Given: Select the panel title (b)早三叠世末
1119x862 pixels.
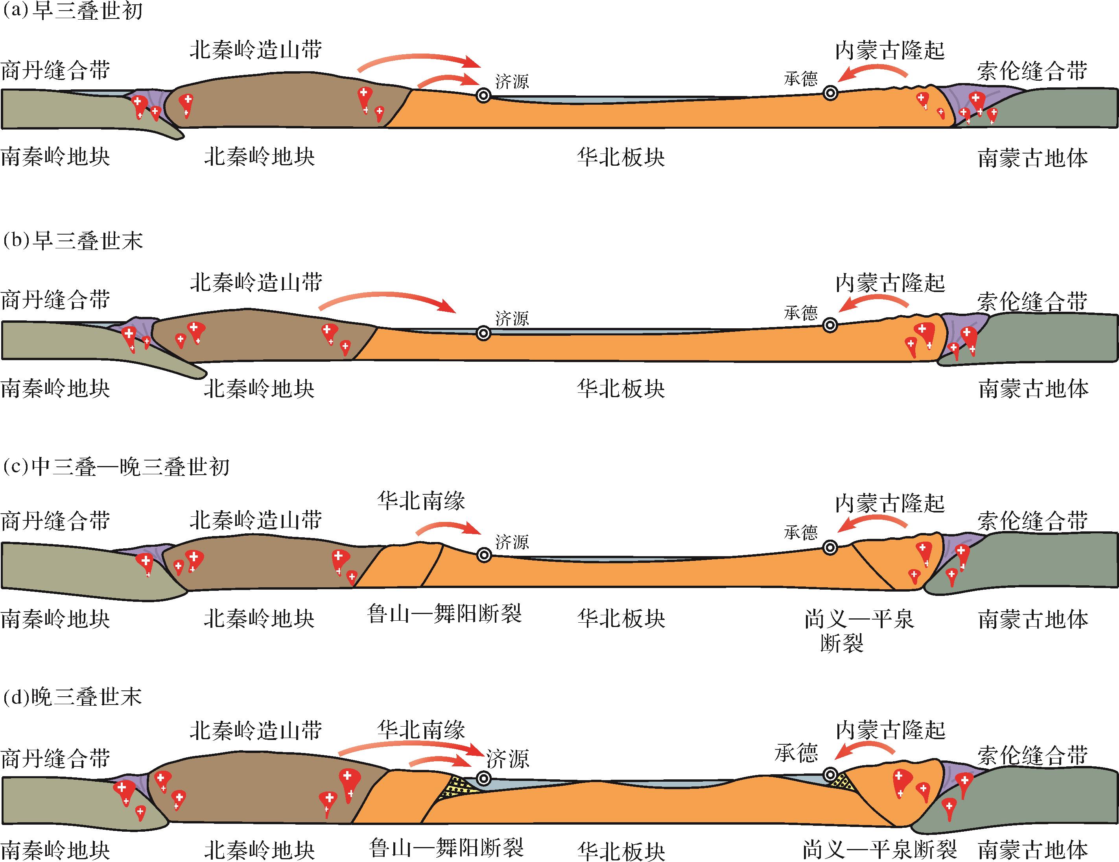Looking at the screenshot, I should (x=72, y=241).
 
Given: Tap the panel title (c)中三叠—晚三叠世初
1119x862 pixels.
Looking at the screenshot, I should (x=116, y=467).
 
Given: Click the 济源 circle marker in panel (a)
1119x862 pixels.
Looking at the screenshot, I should (x=483, y=95).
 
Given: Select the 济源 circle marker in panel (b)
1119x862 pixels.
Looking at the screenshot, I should (x=483, y=333).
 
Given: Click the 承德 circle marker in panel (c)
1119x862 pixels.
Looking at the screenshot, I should (x=830, y=548).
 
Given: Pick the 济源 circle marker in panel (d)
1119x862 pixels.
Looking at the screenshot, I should (x=483, y=779).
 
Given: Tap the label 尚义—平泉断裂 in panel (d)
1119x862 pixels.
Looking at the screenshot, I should (x=879, y=850).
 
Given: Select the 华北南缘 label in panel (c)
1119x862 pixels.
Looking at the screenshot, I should (x=421, y=501).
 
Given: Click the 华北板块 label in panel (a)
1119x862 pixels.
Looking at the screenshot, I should (x=621, y=157).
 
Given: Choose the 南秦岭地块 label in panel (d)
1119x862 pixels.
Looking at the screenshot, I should (x=55, y=850).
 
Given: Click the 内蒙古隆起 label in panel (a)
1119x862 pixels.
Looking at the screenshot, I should (x=890, y=50).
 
